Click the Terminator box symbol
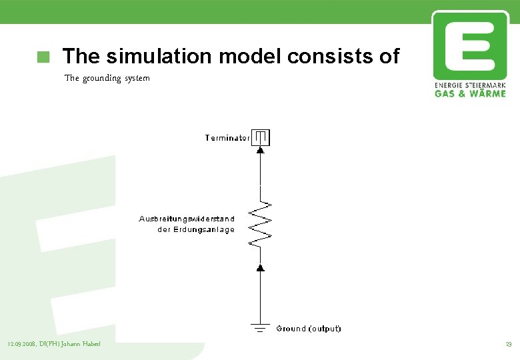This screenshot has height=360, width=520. click(261, 137)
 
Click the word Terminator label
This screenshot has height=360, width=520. click(227, 138)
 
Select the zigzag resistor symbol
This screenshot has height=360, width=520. click(261, 221)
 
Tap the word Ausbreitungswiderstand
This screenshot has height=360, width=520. click(187, 219)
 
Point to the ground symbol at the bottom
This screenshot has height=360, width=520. click(261, 327)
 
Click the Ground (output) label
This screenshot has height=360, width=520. click(309, 329)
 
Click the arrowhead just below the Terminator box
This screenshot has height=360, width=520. click(261, 151)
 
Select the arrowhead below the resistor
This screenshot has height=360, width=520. click(261, 267)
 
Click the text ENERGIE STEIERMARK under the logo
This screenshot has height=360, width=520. click(469, 86)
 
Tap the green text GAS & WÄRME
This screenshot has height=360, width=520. click(470, 94)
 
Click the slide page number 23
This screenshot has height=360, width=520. click(508, 344)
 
